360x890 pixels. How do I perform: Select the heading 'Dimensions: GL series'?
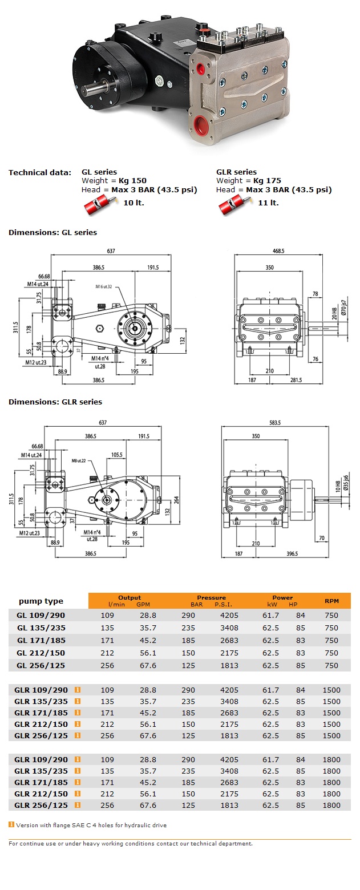pos(52,233)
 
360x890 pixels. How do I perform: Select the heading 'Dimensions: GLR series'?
pos(55,402)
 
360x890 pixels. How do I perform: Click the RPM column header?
pos(331,601)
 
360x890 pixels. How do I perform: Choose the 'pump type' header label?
pos(41,601)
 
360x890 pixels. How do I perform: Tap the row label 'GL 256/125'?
pos(42,666)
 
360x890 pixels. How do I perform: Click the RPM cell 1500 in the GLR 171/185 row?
pos(331,713)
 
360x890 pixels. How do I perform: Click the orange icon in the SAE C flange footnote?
pos(11,824)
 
